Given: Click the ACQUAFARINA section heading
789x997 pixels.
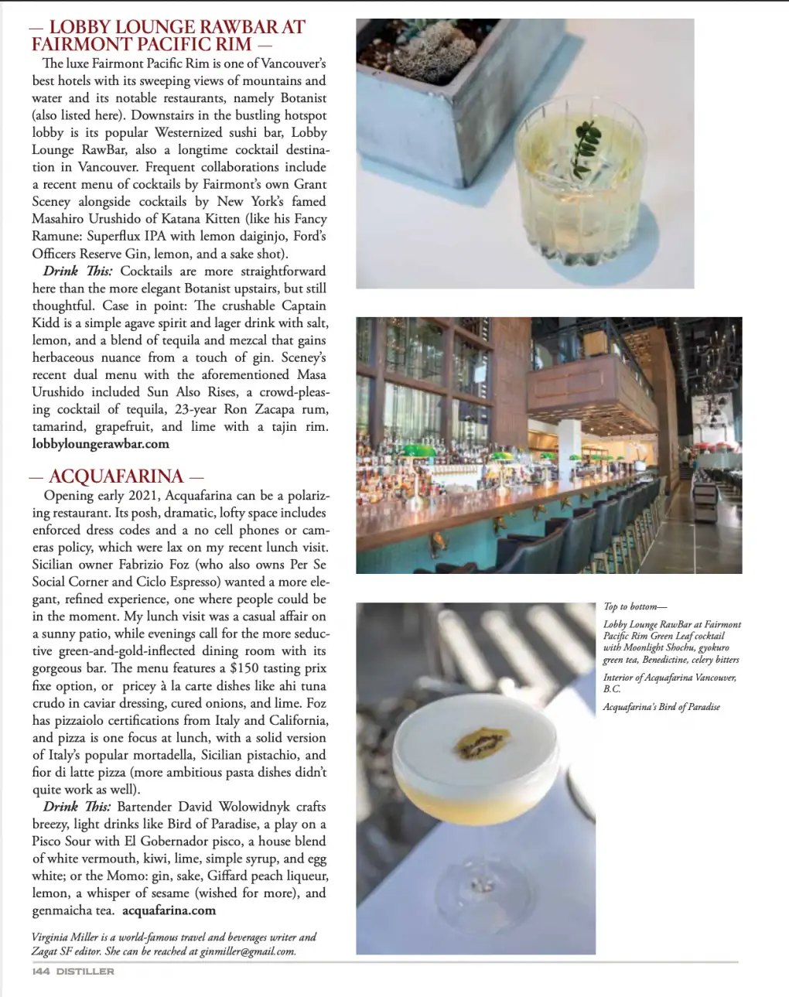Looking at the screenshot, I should [116, 476].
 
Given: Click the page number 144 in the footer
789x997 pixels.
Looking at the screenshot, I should [41, 971].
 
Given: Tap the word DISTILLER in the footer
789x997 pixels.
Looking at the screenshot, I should [85, 971].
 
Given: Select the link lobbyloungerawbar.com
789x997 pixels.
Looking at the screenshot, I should [101, 444].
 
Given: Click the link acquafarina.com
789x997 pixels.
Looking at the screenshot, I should [169, 910].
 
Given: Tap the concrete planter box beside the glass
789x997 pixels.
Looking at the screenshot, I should [433, 93].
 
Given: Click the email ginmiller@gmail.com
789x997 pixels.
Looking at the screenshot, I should [248, 951].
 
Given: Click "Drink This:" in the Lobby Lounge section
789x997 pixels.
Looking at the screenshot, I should [77, 271].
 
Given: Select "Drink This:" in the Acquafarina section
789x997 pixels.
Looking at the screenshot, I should [77, 807].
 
